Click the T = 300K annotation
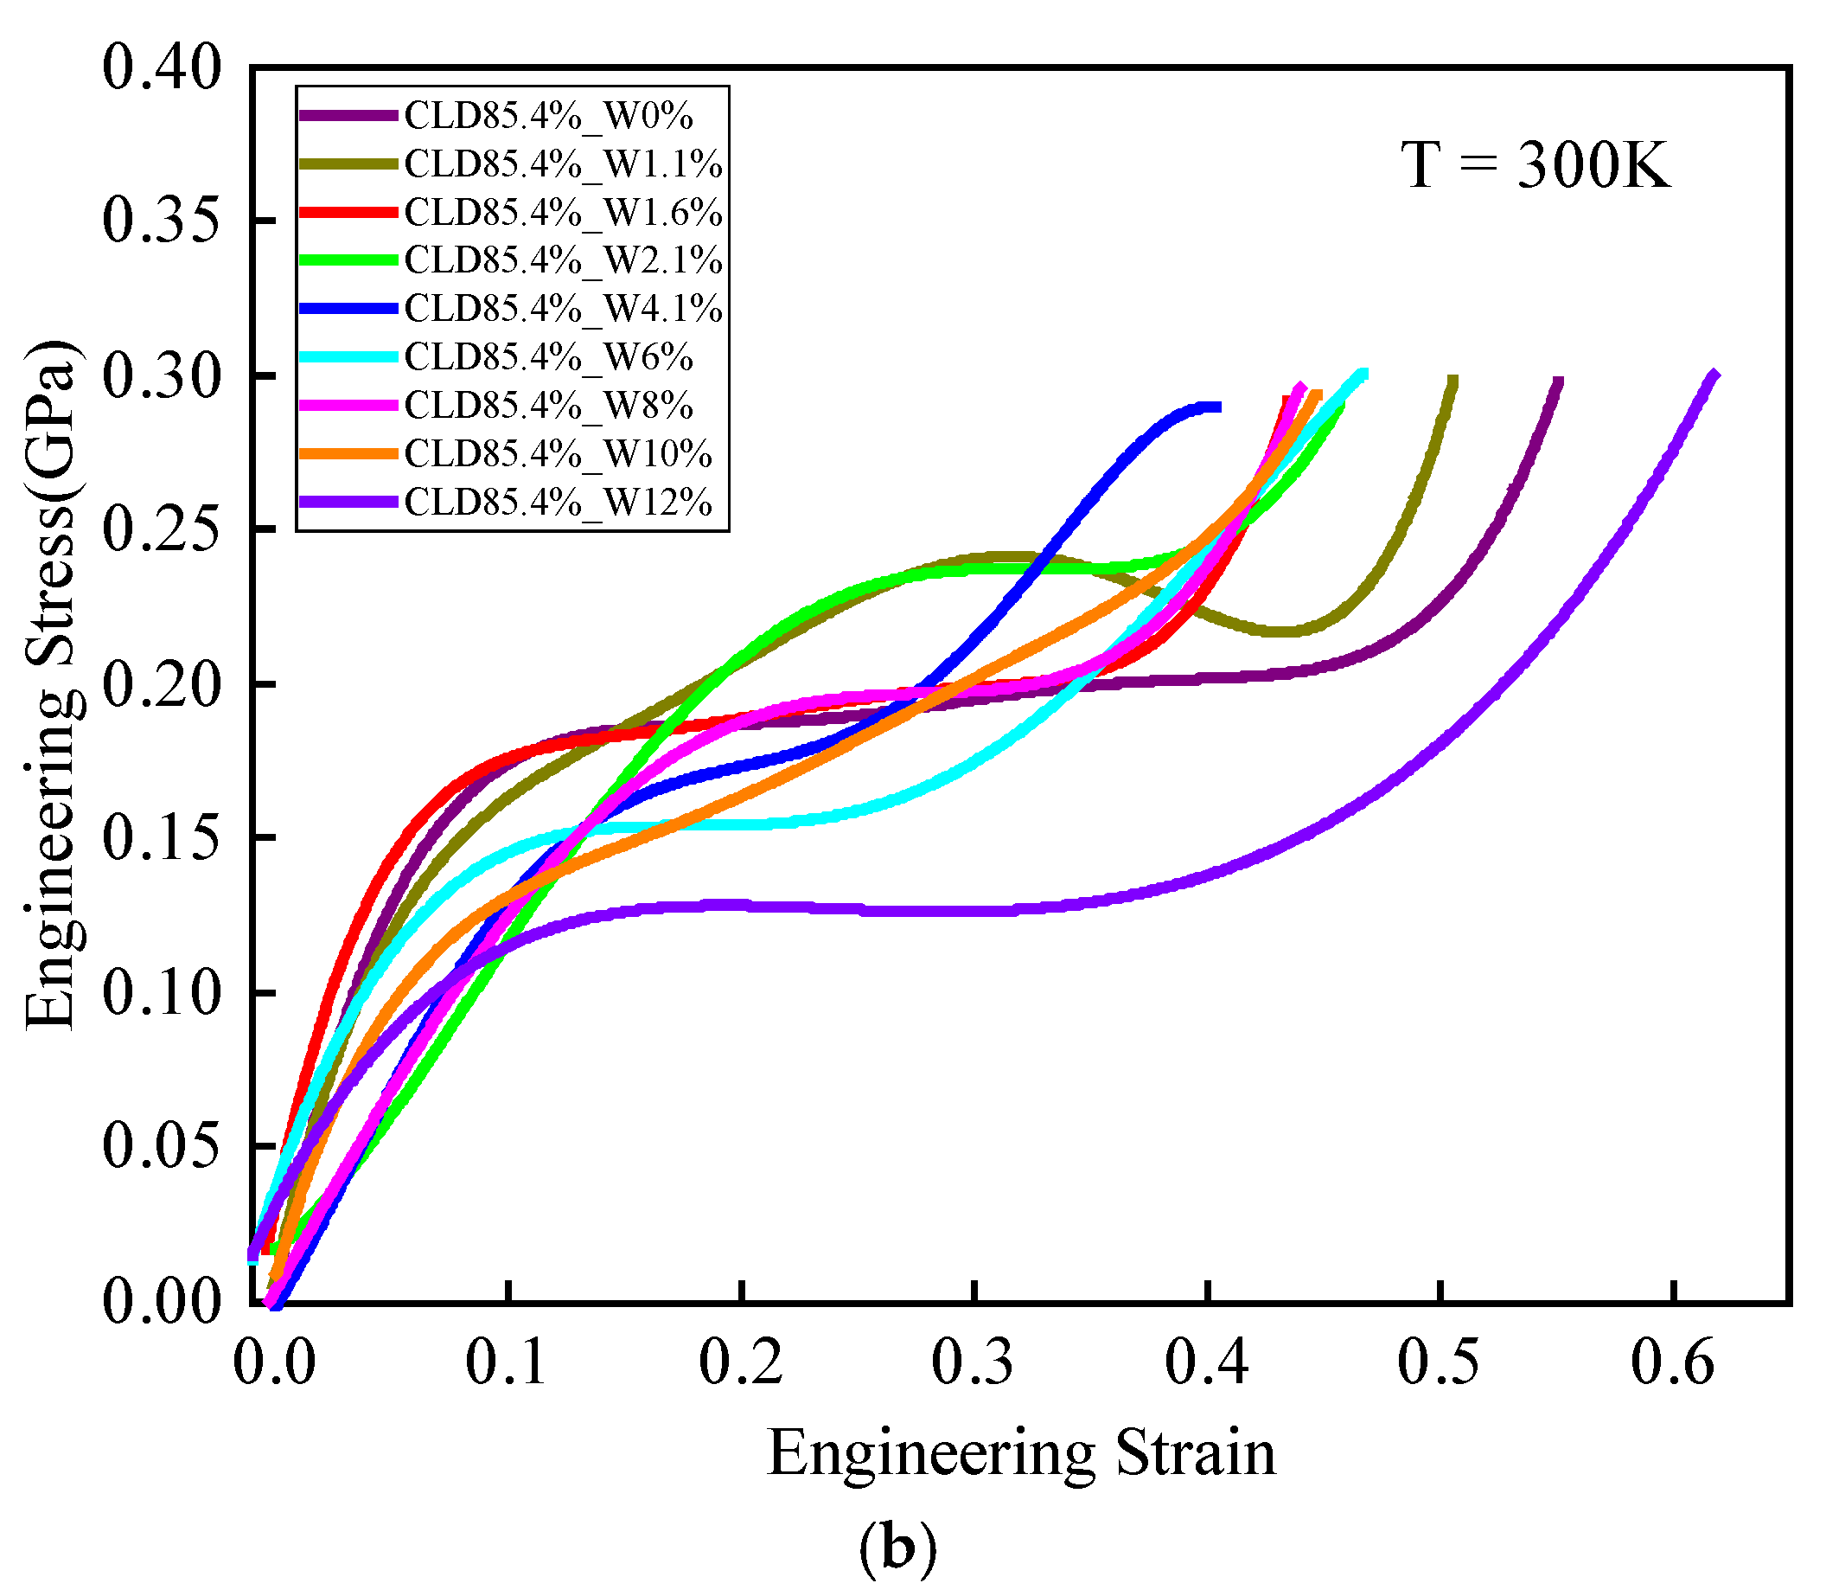(x=1535, y=166)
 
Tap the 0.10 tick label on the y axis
(x=161, y=992)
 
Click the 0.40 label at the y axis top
(x=161, y=67)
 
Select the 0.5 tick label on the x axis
(x=1438, y=1362)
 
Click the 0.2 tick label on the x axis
(x=740, y=1362)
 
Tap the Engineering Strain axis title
(x=1020, y=1453)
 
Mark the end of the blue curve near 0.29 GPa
(x=1216, y=407)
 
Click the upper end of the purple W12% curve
(x=1713, y=375)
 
